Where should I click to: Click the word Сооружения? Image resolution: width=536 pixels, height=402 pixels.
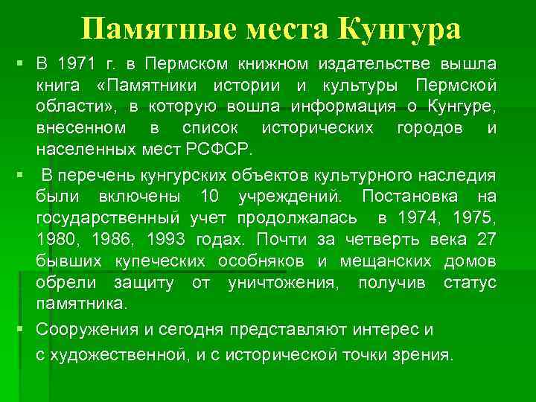[x=84, y=328]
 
